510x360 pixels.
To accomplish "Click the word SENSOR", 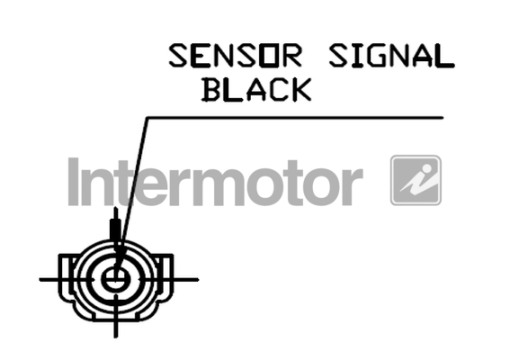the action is [235, 56].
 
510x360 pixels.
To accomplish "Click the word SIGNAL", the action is [391, 56].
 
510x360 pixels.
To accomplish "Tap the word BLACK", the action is [256, 89].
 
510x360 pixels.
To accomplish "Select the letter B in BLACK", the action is [211, 89].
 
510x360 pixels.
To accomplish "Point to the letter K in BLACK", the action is [300, 89].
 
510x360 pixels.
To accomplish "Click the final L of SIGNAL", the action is [444, 56].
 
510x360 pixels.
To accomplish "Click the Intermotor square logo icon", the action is [416, 180].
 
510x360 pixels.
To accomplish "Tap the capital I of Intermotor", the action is [74, 182].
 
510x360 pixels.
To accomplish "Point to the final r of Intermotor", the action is [353, 187].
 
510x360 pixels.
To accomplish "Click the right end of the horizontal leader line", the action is [443, 118].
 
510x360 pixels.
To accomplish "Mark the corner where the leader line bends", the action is [147, 118].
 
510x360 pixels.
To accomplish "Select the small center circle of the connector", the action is [116, 279].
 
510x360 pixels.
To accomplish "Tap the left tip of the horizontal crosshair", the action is [40, 279].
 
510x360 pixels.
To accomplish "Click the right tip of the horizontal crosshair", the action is [197, 279].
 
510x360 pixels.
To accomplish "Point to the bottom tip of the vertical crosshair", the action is [116, 337].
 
